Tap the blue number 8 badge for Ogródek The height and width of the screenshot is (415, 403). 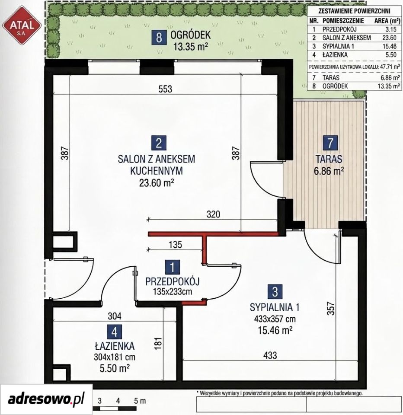pos(159,37)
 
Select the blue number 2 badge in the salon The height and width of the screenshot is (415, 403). pos(159,143)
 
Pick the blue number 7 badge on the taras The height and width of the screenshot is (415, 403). pos(330,143)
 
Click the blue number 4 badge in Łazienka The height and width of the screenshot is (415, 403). pos(115,332)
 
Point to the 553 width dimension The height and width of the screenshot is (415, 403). pos(165,89)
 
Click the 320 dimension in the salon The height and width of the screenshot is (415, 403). pos(213,214)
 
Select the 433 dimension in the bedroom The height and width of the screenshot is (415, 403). pos(270,355)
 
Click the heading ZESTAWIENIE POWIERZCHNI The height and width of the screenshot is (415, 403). pos(354,11)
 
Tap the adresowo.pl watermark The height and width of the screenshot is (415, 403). pos(46,399)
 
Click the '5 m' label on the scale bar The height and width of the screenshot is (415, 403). pos(140,401)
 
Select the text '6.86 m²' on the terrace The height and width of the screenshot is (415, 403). pos(329,171)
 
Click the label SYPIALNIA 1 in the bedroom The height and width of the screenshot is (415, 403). pos(275,307)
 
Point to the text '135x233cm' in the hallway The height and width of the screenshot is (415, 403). pos(173,292)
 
